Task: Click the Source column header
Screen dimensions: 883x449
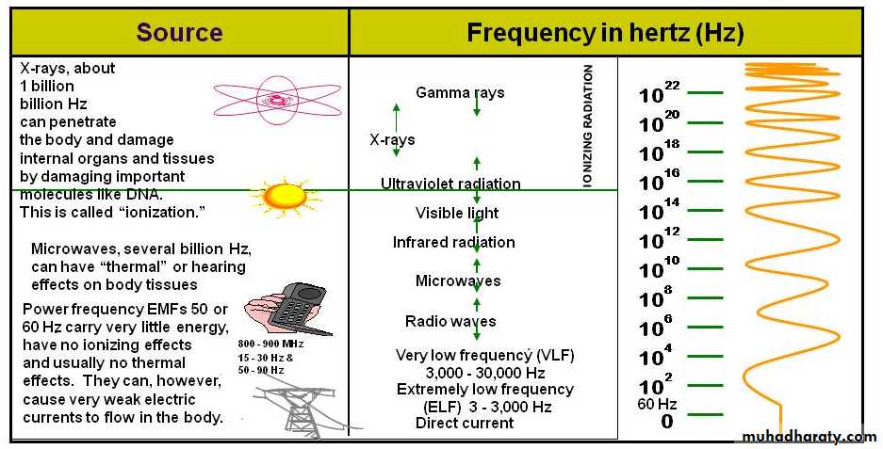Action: pos(179,32)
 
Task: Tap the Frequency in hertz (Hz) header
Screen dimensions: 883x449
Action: pos(605,33)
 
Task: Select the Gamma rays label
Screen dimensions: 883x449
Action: pos(460,93)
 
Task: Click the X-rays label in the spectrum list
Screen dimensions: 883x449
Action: pos(392,139)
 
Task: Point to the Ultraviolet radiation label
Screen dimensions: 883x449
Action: pos(450,184)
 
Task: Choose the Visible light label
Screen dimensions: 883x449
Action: pos(457,214)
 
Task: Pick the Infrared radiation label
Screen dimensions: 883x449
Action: pos(454,243)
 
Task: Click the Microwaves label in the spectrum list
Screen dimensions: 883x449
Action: pos(458,281)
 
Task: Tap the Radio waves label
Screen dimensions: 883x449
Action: pos(450,321)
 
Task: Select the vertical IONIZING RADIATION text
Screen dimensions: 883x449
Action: pos(588,125)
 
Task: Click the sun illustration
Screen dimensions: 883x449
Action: pos(285,197)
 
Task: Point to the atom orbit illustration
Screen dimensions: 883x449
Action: pos(277,100)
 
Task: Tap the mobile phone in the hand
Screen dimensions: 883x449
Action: pos(294,309)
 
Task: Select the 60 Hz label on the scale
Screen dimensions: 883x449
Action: pos(657,404)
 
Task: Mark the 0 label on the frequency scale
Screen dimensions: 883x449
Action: pos(667,421)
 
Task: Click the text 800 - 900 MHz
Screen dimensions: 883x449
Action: pos(270,344)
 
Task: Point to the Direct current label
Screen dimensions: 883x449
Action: pos(465,424)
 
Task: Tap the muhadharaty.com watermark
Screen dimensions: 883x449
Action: pos(809,437)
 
